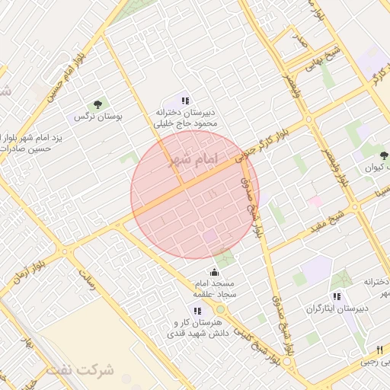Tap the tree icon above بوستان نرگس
(97, 104)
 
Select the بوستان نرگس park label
(97, 117)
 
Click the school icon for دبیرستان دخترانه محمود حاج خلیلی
(185, 100)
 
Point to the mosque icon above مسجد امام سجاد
(214, 273)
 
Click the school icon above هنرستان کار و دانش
(198, 311)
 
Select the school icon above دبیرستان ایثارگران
(337, 296)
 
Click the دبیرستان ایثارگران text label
(337, 308)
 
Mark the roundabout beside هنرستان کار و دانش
(220, 310)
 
